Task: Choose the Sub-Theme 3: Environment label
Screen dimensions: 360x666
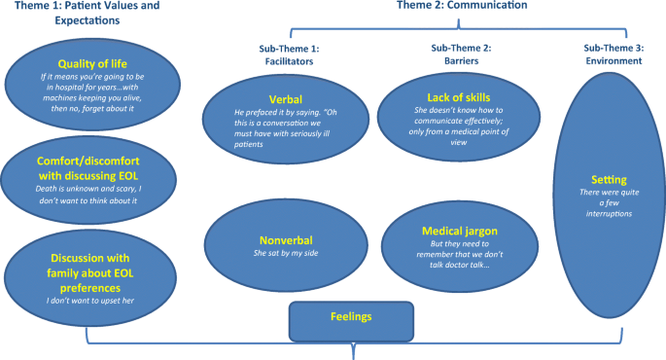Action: pyautogui.click(x=613, y=54)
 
